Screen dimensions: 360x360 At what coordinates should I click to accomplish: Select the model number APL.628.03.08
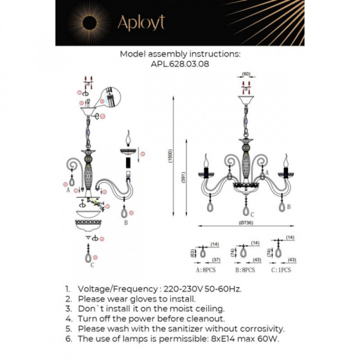click(x=181, y=63)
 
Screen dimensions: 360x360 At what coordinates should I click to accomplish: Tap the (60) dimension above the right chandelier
click(x=246, y=74)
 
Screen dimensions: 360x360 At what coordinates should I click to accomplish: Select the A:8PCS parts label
click(x=205, y=270)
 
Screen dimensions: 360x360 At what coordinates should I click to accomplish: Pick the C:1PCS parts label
click(x=281, y=270)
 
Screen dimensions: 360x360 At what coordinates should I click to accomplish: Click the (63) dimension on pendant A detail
click(x=193, y=253)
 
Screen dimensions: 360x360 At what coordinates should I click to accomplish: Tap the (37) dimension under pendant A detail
click(x=216, y=260)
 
